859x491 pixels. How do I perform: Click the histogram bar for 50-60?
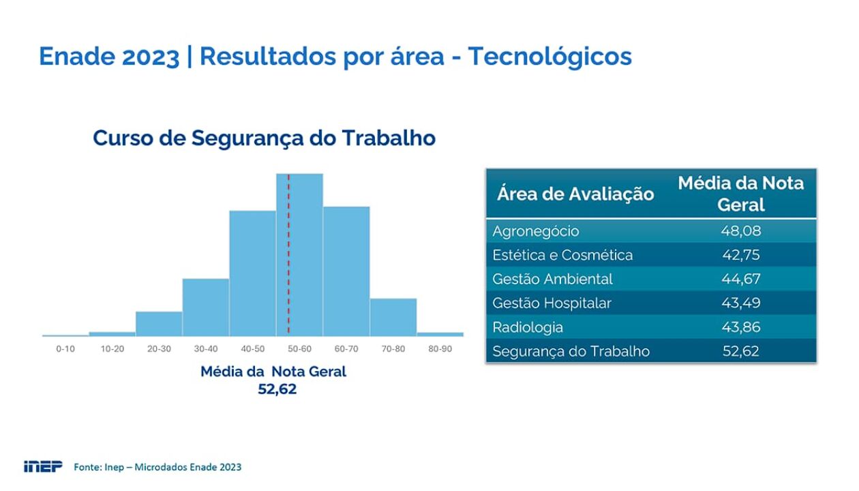tap(299, 255)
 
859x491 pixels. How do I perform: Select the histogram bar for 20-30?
tap(159, 324)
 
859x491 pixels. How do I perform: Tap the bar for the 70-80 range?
tap(393, 318)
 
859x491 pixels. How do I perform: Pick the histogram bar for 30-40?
tap(206, 308)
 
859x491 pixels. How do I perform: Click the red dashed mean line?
tap(289, 255)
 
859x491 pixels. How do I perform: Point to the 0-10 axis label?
tap(65, 349)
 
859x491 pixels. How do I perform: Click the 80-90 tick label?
tap(440, 349)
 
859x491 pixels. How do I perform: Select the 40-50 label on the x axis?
tap(253, 349)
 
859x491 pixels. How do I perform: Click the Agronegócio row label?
tap(536, 231)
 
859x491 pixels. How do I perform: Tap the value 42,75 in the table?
tap(741, 255)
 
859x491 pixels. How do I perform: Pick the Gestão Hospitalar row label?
tap(552, 303)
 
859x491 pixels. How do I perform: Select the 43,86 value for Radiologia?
tap(741, 327)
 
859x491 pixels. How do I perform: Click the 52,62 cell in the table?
tap(741, 351)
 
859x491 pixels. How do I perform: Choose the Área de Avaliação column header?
tap(575, 194)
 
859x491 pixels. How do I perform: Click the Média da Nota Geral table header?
tap(741, 194)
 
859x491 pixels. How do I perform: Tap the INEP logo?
tap(43, 466)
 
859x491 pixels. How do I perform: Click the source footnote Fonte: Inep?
tap(157, 467)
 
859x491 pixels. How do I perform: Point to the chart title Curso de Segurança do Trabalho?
tap(265, 138)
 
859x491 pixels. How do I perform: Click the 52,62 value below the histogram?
tap(277, 389)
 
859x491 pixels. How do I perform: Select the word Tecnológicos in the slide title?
tap(550, 57)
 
